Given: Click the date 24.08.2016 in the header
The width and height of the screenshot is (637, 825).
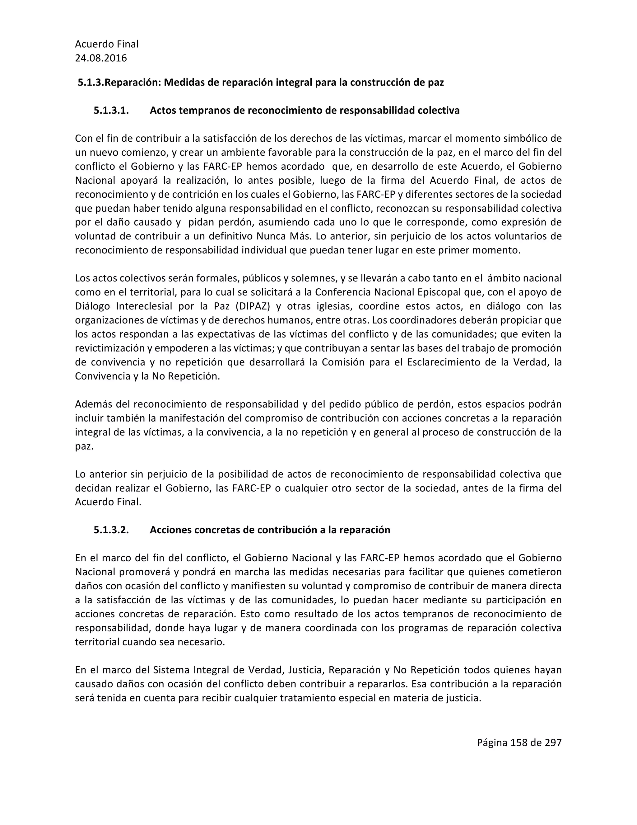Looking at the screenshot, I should coord(101,58).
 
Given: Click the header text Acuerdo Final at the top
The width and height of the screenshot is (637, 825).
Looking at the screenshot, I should coord(107,44).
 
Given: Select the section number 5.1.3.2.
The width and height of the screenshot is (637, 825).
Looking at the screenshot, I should coord(111,530).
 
